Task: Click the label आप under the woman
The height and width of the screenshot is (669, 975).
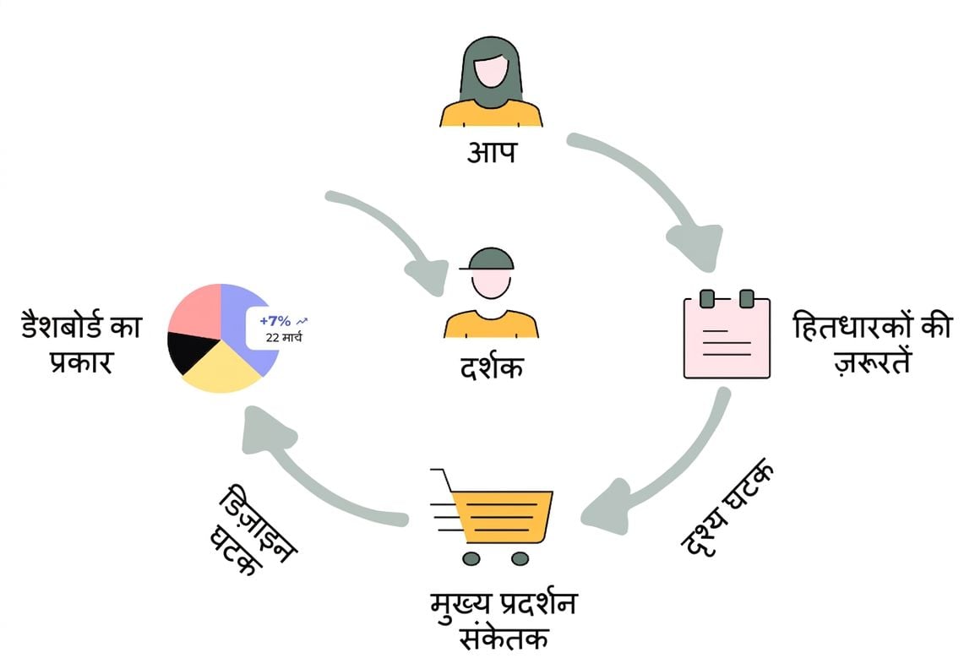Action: click(x=491, y=152)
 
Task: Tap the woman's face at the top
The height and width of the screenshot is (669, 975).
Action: click(x=492, y=72)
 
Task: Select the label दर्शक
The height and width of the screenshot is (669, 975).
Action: click(x=491, y=367)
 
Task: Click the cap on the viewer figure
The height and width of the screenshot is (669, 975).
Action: click(x=488, y=258)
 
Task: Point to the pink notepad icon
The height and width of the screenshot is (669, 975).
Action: click(x=727, y=334)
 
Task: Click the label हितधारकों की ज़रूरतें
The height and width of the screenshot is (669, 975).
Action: click(x=873, y=343)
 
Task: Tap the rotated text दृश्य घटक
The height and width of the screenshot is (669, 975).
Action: click(x=728, y=508)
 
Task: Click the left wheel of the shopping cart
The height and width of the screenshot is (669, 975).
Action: click(x=471, y=558)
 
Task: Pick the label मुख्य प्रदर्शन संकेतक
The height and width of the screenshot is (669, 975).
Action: click(x=504, y=621)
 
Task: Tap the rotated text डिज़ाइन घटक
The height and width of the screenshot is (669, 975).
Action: click(x=253, y=530)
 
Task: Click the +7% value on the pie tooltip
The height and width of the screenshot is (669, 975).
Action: click(x=275, y=321)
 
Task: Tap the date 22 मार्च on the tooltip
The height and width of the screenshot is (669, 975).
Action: click(x=284, y=338)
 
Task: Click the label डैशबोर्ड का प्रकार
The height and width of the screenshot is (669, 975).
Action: click(x=82, y=343)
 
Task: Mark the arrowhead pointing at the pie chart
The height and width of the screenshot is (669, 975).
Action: click(x=265, y=428)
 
